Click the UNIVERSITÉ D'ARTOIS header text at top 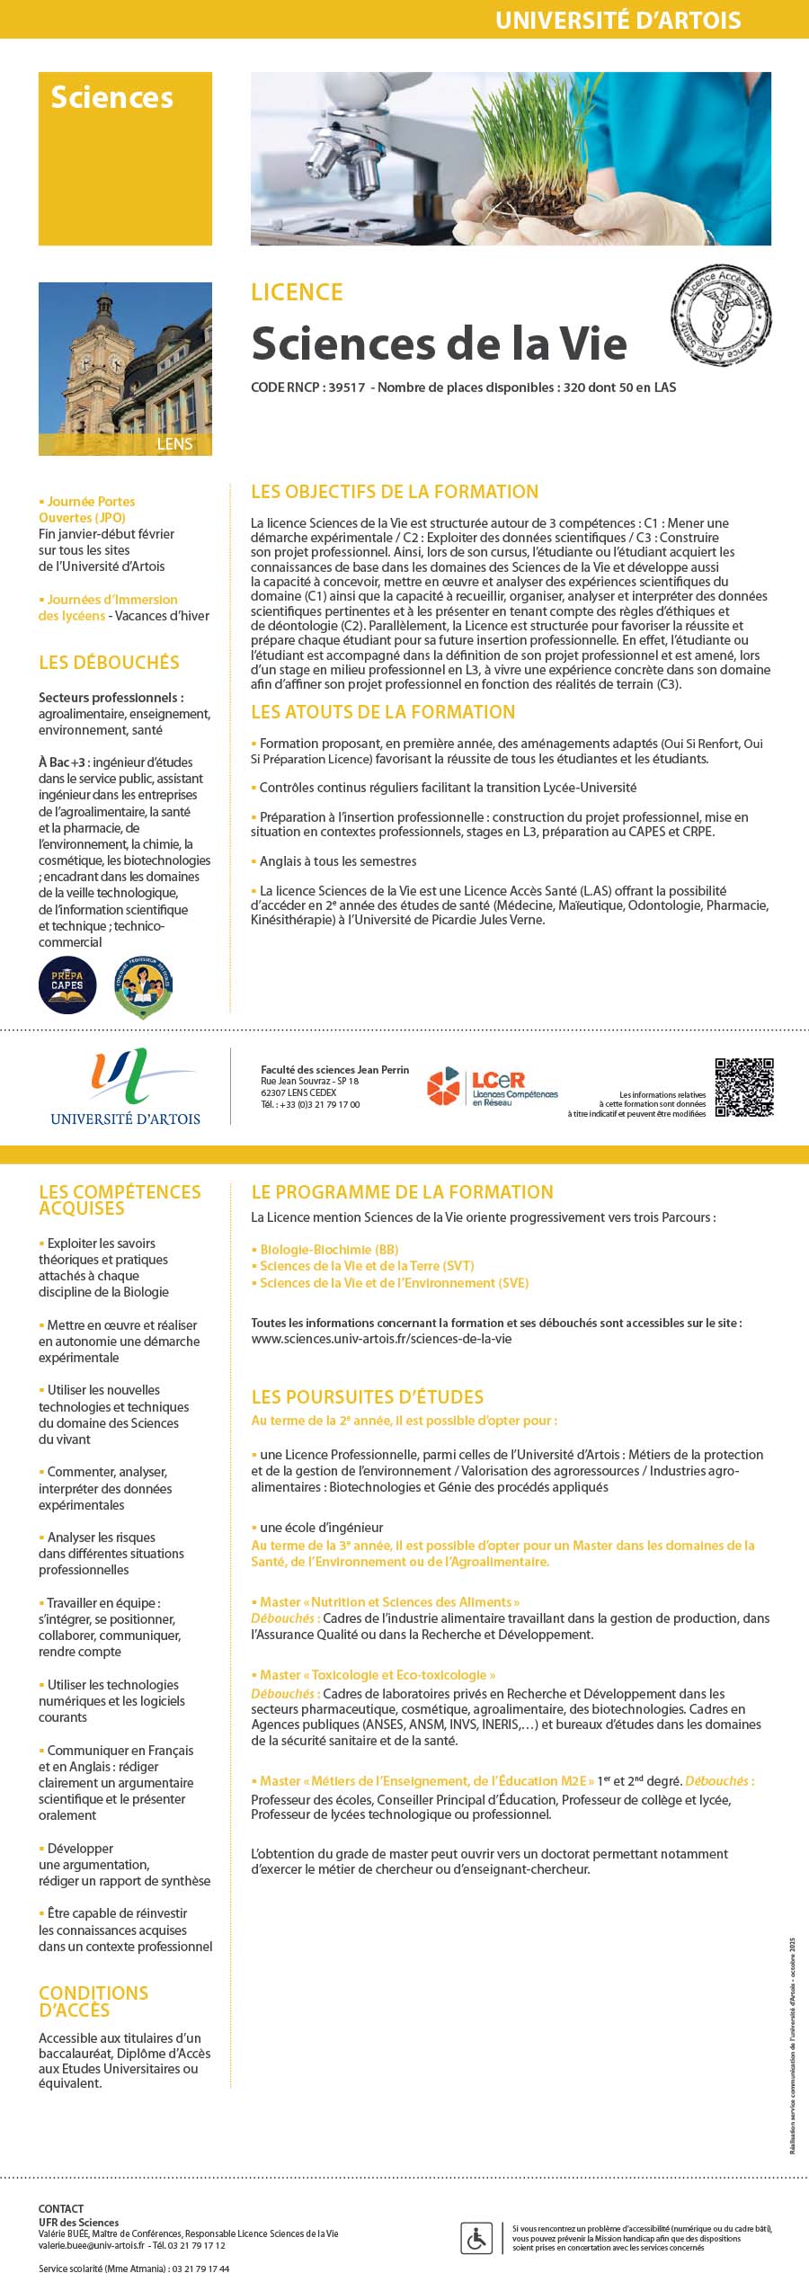(618, 20)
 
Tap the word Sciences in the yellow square (111, 97)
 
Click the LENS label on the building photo (173, 444)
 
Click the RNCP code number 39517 (347, 388)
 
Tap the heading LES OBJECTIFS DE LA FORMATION (395, 492)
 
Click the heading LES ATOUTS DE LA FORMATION (383, 712)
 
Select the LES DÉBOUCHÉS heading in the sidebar (109, 663)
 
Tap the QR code (744, 1087)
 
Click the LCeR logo (493, 1086)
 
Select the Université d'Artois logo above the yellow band (126, 1087)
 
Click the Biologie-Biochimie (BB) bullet (328, 1250)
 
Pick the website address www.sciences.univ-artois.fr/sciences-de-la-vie (381, 1339)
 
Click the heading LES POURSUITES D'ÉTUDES (367, 1397)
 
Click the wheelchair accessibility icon (476, 2238)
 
